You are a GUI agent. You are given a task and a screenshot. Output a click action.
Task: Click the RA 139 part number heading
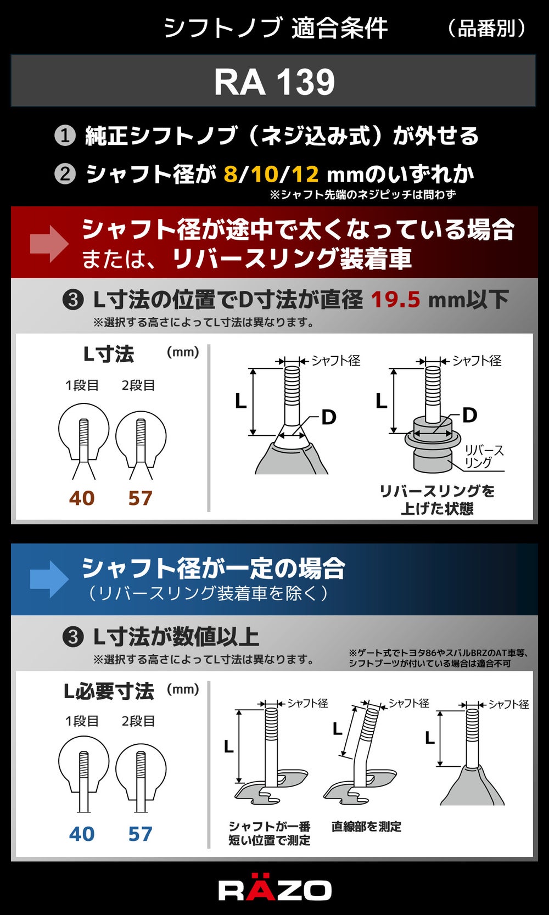click(274, 82)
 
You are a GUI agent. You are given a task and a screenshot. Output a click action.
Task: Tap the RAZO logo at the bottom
click(274, 890)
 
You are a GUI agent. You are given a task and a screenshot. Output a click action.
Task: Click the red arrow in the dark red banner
click(49, 244)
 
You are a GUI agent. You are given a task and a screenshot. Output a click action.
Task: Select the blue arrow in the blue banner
click(49, 579)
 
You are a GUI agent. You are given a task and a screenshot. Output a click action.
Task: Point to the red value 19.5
click(395, 299)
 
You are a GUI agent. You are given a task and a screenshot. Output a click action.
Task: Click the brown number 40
click(82, 498)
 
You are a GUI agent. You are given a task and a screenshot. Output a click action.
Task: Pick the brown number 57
click(140, 498)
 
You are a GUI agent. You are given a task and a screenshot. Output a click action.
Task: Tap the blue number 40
click(82, 834)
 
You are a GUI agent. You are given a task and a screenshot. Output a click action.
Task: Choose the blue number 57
click(140, 834)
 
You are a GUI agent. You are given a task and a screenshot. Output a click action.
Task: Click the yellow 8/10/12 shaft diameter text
click(271, 174)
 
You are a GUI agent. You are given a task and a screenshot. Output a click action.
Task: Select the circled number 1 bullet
click(65, 135)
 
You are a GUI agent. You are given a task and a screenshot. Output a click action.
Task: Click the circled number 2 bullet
click(65, 174)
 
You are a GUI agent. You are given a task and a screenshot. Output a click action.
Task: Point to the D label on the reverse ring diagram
click(470, 415)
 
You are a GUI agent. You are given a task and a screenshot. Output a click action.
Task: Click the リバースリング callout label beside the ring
click(484, 456)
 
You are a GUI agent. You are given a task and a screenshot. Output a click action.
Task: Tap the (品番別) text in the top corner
click(486, 29)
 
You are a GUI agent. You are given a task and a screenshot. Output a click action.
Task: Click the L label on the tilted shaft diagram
click(338, 729)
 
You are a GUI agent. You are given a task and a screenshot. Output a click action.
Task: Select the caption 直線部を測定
click(366, 827)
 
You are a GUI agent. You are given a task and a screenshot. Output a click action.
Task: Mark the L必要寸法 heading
click(109, 691)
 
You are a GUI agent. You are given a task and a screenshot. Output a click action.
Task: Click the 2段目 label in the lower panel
click(138, 721)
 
